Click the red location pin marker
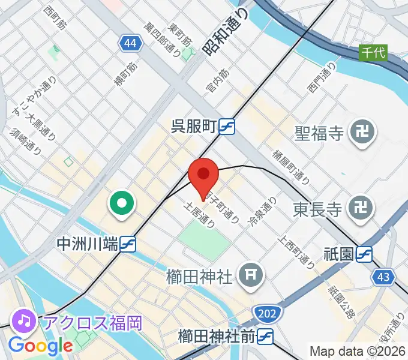pos(203,175)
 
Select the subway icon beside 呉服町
pos(226,127)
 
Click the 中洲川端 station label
pos(86,244)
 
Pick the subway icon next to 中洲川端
pos(127,244)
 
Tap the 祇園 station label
pos(338,254)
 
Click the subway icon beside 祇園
pos(364,254)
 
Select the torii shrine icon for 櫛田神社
pos(250,275)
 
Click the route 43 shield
pos(383,277)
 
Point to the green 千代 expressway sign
pos(373,52)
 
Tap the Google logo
pos(40,346)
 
